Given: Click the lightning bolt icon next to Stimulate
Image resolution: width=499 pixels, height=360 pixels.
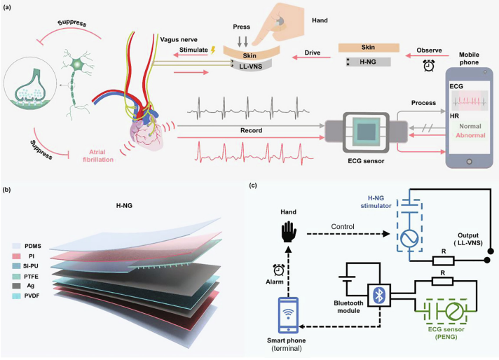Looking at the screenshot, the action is pyautogui.click(x=213, y=50).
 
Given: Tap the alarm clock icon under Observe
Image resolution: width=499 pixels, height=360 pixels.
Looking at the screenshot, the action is pyautogui.click(x=429, y=66).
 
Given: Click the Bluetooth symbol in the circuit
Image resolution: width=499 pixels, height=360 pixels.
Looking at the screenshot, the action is pyautogui.click(x=379, y=296).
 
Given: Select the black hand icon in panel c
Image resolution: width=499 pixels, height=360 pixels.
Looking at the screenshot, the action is pyautogui.click(x=289, y=232).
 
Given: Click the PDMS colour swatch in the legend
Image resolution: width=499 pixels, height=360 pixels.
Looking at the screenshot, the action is pyautogui.click(x=17, y=246).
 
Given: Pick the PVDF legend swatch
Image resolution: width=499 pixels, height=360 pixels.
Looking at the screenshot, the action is pyautogui.click(x=17, y=296).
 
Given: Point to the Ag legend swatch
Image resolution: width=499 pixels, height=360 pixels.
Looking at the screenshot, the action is pyautogui.click(x=17, y=286).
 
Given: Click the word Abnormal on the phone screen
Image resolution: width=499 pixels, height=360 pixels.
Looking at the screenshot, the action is pyautogui.click(x=470, y=135).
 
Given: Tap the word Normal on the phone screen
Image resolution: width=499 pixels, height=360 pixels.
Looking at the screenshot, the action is pyautogui.click(x=470, y=126).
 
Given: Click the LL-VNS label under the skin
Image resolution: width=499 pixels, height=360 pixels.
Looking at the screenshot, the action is pyautogui.click(x=251, y=67).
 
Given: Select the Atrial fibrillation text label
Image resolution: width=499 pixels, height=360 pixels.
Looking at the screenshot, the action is pyautogui.click(x=98, y=155).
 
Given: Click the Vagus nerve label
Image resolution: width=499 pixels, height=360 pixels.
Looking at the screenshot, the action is pyautogui.click(x=179, y=40).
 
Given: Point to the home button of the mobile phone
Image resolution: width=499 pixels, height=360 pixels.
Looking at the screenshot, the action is pyautogui.click(x=469, y=162).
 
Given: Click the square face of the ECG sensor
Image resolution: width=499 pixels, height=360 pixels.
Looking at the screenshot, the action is pyautogui.click(x=366, y=132).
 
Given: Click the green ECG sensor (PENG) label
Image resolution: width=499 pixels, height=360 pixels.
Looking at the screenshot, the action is pyautogui.click(x=446, y=333).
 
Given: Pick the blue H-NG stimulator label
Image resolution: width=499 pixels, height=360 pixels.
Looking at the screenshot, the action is pyautogui.click(x=376, y=202).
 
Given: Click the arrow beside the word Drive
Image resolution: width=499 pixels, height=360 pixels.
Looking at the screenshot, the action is pyautogui.click(x=312, y=58).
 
